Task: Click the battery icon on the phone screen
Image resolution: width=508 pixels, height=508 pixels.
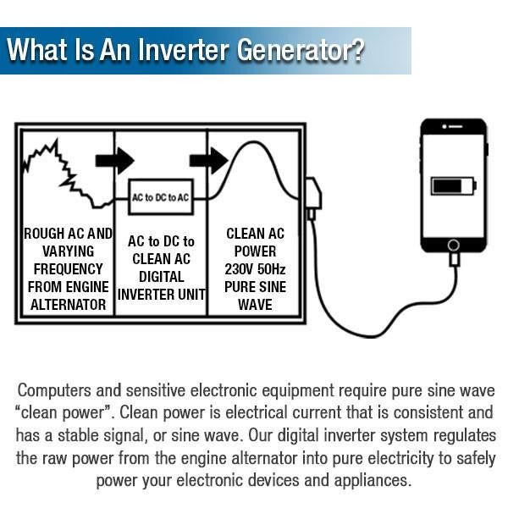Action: (x=453, y=185)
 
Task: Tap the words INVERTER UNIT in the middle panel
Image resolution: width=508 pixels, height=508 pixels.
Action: (x=161, y=295)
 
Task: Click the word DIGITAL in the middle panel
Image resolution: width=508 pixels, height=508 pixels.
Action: (x=161, y=277)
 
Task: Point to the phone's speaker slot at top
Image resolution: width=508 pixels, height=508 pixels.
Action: (x=455, y=127)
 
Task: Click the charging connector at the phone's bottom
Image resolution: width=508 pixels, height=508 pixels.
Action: (x=454, y=253)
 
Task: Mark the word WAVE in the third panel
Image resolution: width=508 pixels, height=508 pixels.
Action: (x=255, y=305)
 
